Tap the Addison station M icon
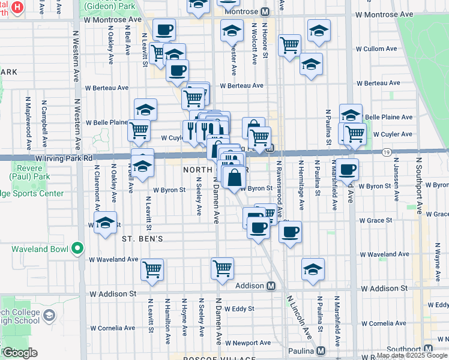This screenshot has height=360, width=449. pyautogui.click(x=271, y=286)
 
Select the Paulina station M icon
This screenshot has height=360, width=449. pyautogui.click(x=322, y=351)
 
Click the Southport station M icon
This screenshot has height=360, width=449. pyautogui.click(x=429, y=349)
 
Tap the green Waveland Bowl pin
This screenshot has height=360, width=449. pyautogui.click(x=77, y=248)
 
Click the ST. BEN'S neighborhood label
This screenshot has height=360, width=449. pyautogui.click(x=143, y=238)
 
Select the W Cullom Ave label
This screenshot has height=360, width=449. pyautogui.click(x=376, y=49)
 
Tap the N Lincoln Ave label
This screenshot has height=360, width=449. pyautogui.click(x=299, y=316)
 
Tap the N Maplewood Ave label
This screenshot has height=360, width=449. pyautogui.click(x=28, y=128)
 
